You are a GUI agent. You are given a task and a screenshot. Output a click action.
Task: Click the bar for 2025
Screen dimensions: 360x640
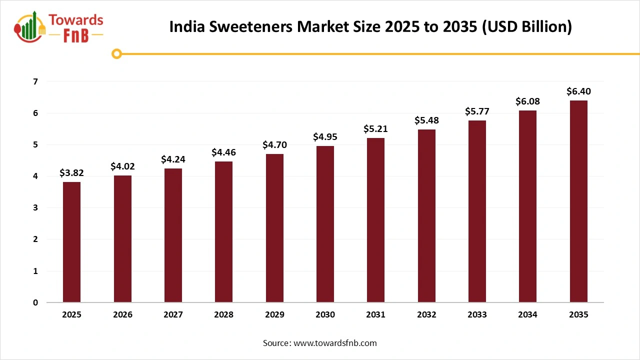71,242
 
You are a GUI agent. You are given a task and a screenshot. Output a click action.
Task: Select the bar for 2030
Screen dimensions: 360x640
325,224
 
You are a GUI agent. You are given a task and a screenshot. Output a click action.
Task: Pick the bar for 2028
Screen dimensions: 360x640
223,232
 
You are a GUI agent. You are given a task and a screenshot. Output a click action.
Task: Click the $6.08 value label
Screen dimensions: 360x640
527,101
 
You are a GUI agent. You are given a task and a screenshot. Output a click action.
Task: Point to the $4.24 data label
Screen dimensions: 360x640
173,159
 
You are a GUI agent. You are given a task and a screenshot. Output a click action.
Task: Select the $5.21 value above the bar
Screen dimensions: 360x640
375,129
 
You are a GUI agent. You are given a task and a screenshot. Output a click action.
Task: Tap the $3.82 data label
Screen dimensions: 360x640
71,173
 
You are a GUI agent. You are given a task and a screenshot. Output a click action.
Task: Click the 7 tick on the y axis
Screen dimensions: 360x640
35,81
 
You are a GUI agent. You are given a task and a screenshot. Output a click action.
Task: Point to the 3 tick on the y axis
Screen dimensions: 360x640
35,208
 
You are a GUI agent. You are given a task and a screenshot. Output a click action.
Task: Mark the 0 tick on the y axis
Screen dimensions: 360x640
35,302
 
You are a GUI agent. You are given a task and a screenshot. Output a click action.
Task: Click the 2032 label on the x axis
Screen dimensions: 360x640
426,315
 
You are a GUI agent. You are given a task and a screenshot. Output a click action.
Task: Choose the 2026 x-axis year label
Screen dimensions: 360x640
122,315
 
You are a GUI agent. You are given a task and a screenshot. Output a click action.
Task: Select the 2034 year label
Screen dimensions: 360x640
527,315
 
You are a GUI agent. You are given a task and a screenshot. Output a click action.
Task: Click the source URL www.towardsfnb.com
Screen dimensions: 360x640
334,343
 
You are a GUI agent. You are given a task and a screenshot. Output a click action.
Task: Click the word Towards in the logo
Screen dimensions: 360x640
76,20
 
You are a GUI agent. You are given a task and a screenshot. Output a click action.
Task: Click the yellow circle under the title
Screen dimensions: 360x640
116,53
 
